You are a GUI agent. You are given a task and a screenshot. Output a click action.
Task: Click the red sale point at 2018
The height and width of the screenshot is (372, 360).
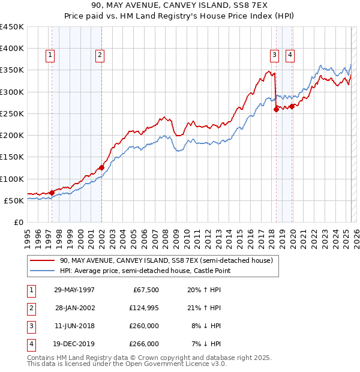click(x=276, y=109)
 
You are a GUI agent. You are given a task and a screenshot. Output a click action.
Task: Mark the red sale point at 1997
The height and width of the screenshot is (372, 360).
click(x=52, y=193)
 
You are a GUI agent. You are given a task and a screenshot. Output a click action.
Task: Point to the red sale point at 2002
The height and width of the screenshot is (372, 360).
click(x=101, y=167)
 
